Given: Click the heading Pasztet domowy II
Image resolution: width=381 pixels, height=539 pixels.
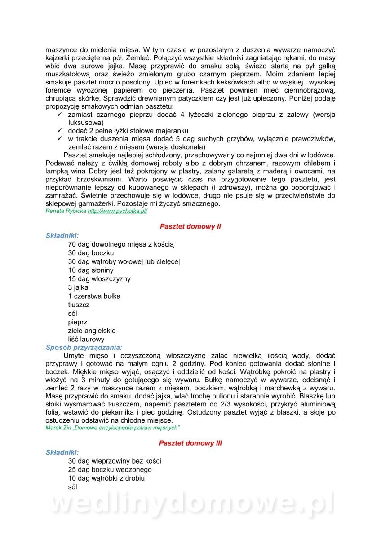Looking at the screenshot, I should pos(190,227).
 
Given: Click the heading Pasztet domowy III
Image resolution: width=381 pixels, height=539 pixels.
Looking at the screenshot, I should pos(190,443).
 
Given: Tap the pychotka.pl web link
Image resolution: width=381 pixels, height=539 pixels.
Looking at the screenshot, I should pos(117,211).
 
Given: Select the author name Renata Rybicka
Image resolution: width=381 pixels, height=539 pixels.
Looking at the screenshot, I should pos(66,211).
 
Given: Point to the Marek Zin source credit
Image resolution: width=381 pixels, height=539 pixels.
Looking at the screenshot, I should pos(112,428).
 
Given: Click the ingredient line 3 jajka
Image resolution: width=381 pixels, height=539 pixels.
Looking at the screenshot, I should pos(78,287).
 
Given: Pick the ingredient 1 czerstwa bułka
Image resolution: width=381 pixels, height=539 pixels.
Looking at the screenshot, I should pos(94,296).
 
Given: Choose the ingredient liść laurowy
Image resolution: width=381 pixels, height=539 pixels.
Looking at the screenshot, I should pos(86,340).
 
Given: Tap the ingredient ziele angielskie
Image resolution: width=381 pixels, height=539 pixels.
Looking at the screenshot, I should pos(92,331).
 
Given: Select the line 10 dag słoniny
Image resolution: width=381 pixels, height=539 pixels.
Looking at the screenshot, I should pos(91,270).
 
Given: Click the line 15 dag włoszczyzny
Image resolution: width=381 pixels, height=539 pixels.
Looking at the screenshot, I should pos(99,279).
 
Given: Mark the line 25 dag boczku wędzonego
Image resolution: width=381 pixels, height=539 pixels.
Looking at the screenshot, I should pos(110,470).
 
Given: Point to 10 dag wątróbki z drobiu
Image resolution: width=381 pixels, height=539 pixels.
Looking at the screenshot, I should pos(106,478).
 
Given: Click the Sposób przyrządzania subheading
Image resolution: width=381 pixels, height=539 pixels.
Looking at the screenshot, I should pos(84,348).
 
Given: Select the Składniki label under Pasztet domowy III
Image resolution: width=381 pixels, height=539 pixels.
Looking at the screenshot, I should pos(62,452).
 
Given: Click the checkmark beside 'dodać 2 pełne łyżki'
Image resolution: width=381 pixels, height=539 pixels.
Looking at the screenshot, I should pos(60,130).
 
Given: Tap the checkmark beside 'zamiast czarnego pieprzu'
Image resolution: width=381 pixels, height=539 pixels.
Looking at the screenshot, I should pos(60,115).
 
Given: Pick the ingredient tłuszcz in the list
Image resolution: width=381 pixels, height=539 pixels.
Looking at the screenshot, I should pos(79,305).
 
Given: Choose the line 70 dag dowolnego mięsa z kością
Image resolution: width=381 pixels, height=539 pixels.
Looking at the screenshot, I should pos(121,244).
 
